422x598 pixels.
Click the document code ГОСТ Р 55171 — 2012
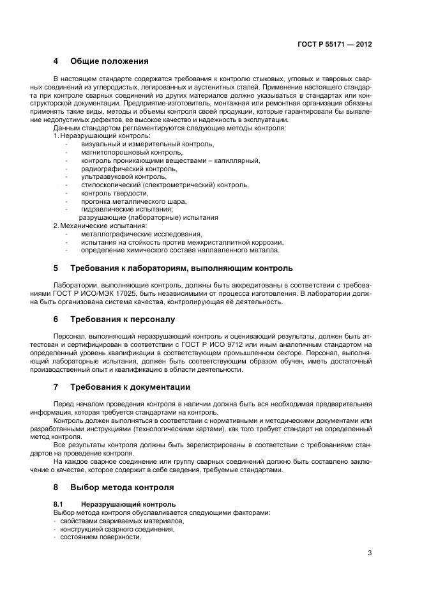point(335,45)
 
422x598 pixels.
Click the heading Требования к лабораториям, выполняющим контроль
point(181,268)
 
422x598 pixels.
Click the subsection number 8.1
point(59,504)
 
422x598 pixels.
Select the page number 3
point(370,553)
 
